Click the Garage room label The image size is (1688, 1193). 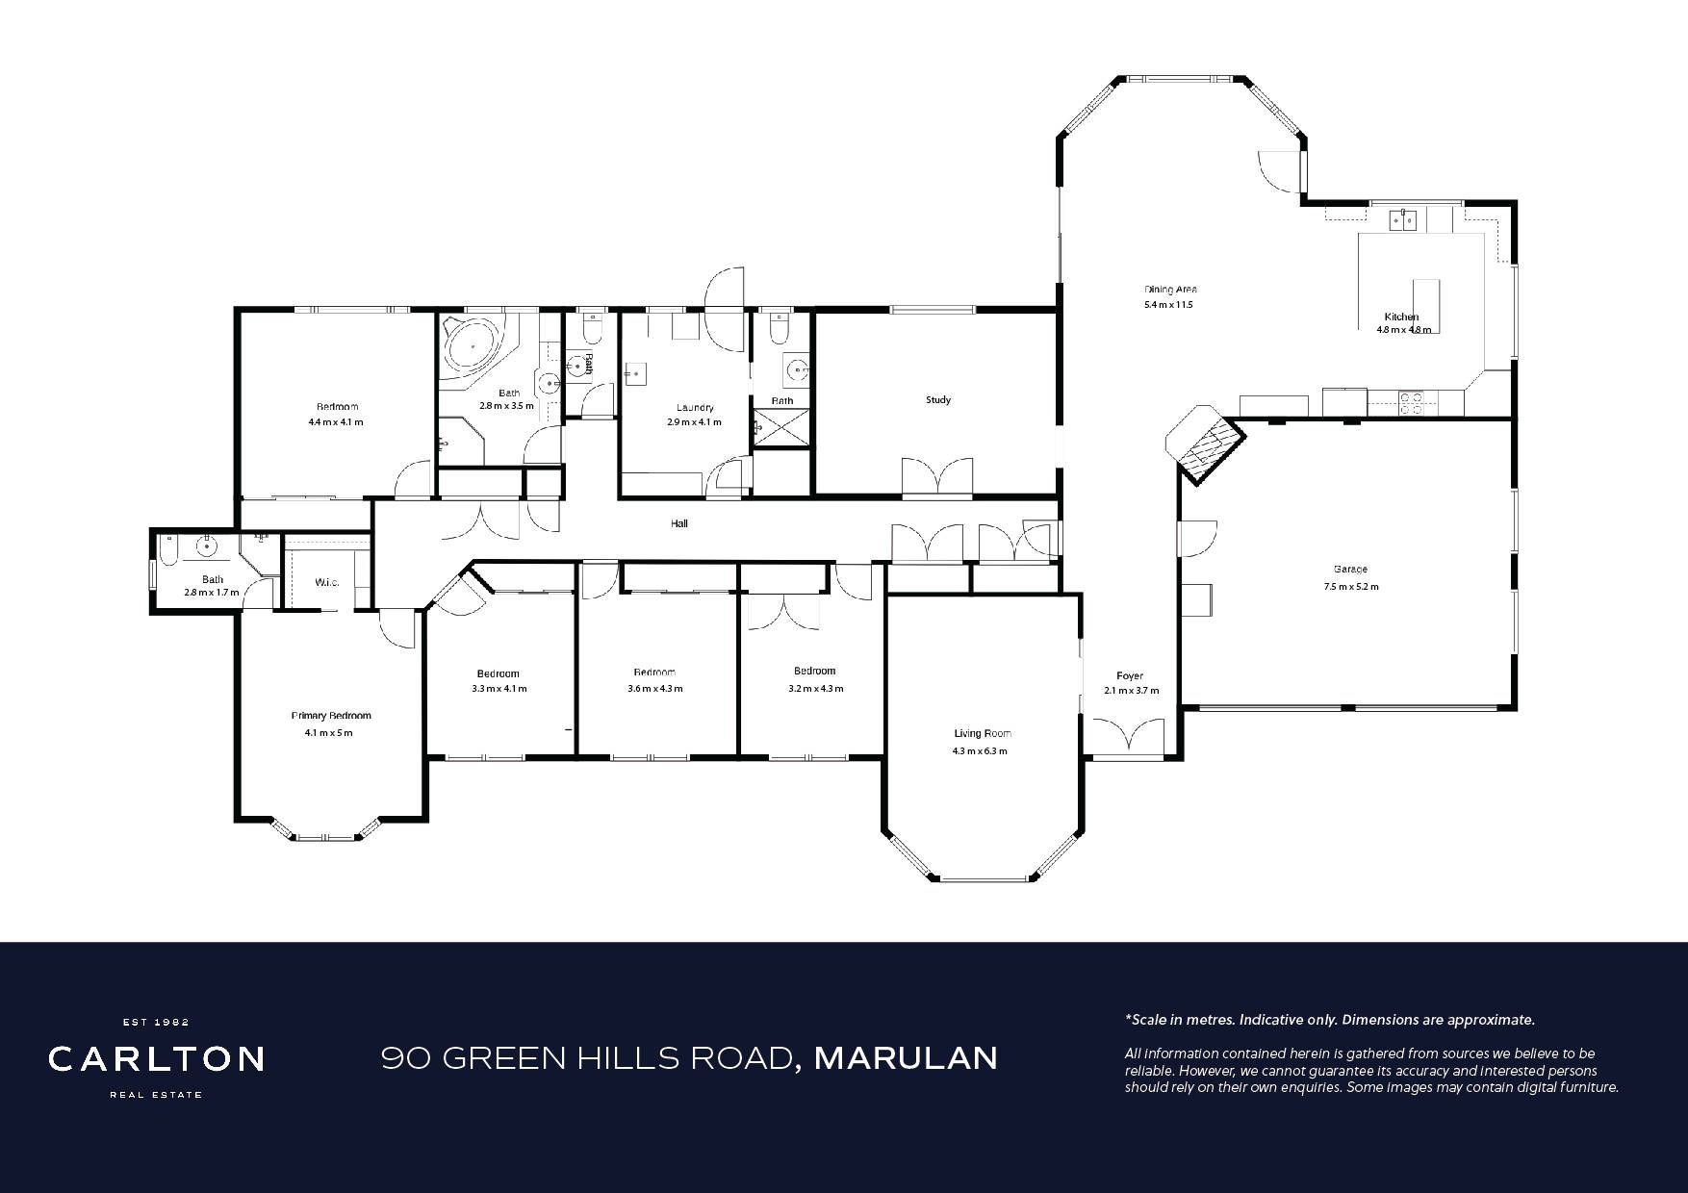pyautogui.click(x=1350, y=569)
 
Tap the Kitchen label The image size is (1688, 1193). pyautogui.click(x=1401, y=317)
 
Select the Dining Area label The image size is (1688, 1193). pyautogui.click(x=1170, y=289)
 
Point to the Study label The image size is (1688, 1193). pyautogui.click(x=938, y=399)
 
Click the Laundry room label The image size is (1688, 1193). pyautogui.click(x=695, y=408)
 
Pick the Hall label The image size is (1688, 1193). pyautogui.click(x=679, y=523)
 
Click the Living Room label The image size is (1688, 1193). pyautogui.click(x=983, y=733)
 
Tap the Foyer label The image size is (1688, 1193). pyautogui.click(x=1130, y=675)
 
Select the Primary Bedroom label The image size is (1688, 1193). pyautogui.click(x=331, y=716)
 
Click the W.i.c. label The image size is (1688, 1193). pyautogui.click(x=327, y=582)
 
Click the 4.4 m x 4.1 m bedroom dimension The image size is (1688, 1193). pyautogui.click(x=336, y=422)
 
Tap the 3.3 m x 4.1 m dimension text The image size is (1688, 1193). pyautogui.click(x=499, y=689)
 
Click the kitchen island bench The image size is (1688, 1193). pyautogui.click(x=1426, y=305)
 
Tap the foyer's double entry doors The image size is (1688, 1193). pyautogui.click(x=1129, y=737)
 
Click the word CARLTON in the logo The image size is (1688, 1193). pyautogui.click(x=157, y=1059)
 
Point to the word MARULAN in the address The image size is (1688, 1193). pyautogui.click(x=906, y=1058)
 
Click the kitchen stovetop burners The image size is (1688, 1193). pyautogui.click(x=1411, y=402)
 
